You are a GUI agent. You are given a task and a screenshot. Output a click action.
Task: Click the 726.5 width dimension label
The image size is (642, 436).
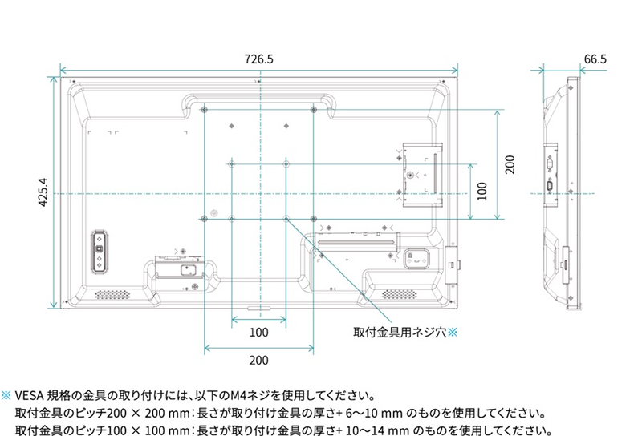coord(258,59)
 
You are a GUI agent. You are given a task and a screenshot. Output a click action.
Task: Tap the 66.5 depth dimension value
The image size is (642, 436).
coord(595,59)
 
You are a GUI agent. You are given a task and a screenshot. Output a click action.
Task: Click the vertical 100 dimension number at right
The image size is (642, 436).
coord(481,191)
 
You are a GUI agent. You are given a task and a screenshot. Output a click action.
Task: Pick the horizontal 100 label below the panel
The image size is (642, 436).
coord(258,332)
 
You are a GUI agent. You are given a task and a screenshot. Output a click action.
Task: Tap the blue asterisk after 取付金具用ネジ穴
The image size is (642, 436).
coord(451,330)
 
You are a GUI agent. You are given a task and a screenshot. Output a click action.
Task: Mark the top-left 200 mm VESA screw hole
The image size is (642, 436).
coord(205,109)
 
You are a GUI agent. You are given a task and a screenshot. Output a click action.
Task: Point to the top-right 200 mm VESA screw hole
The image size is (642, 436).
coord(313,109)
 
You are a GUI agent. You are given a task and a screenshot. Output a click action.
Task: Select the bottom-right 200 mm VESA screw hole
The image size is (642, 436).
coord(313,217)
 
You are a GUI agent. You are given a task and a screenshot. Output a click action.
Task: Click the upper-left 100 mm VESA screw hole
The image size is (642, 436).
coord(231,163)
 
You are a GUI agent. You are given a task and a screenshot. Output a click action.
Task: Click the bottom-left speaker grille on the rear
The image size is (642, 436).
coord(112,293)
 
